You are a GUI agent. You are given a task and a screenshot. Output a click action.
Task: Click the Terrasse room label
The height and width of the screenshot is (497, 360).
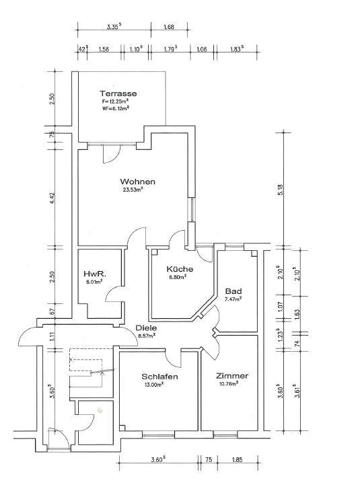click(x=118, y=93)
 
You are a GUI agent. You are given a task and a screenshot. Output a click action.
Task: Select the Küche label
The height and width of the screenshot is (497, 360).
click(x=180, y=269)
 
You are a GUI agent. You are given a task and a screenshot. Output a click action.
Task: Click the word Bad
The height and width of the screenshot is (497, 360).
click(x=233, y=291)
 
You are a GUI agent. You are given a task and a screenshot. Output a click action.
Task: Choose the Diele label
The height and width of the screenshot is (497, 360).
click(x=146, y=328)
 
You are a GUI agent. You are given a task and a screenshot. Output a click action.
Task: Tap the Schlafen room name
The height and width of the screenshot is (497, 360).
click(x=159, y=377)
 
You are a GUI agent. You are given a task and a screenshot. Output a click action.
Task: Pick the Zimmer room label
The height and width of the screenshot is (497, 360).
click(x=232, y=376)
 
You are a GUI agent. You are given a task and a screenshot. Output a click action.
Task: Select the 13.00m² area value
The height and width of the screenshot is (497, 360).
click(x=154, y=385)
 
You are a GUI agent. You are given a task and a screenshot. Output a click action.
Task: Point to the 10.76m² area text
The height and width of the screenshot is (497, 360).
click(x=229, y=383)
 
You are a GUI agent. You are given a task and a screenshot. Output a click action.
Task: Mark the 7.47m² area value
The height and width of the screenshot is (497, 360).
click(x=233, y=299)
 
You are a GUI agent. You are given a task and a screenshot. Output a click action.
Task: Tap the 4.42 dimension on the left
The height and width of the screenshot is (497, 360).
click(x=52, y=198)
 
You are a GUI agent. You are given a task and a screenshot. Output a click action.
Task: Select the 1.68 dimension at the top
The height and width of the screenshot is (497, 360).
click(x=169, y=27)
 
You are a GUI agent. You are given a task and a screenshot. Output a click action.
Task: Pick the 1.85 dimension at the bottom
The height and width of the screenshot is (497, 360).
click(x=238, y=459)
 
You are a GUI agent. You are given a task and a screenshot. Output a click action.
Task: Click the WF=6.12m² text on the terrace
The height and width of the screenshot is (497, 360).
click(x=115, y=108)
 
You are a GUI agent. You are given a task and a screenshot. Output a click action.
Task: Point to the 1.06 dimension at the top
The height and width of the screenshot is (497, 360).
click(x=202, y=49)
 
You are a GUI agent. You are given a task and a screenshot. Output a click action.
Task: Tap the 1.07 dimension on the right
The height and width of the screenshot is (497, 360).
click(x=280, y=306)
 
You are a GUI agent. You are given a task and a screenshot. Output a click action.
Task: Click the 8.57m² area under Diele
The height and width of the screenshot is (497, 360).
click(x=147, y=336)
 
